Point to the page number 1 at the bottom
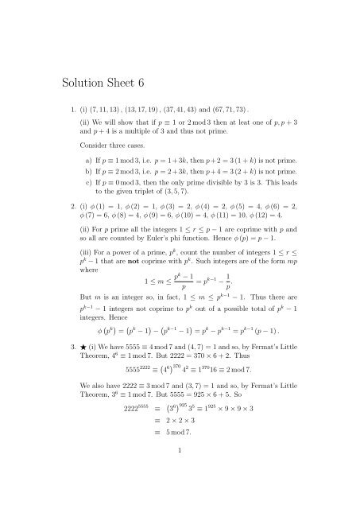pyautogui.click(x=180, y=494)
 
